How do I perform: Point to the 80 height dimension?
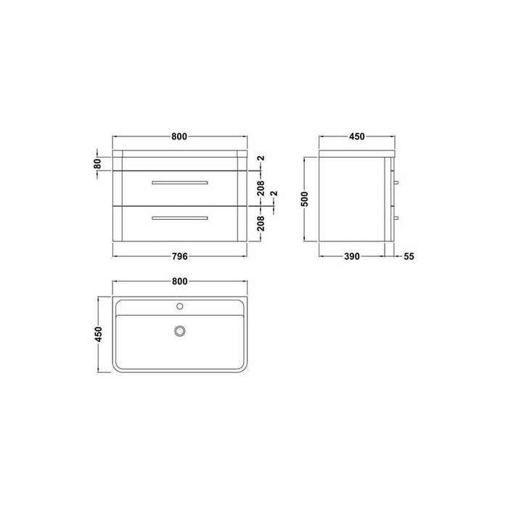point(97,163)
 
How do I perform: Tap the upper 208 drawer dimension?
point(261,189)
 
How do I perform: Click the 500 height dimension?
point(306,197)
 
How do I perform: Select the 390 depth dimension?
point(352,256)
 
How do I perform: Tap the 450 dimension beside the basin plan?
point(98,335)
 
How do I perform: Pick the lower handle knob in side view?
point(396,217)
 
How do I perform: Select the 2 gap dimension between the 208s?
point(273,195)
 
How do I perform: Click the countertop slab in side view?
point(356,154)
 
